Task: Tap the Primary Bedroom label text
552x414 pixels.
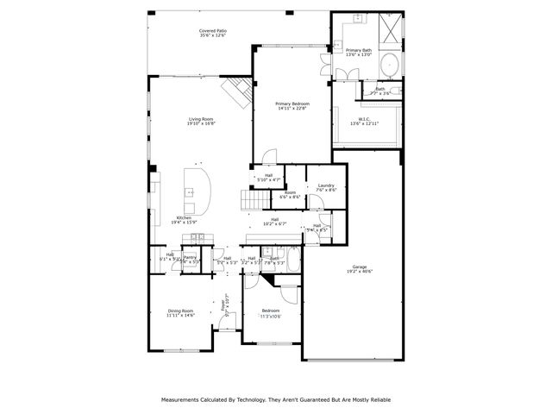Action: (x=292, y=103)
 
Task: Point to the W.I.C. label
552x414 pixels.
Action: (x=364, y=120)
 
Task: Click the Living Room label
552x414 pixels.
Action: (x=201, y=119)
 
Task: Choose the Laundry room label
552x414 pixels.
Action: (x=325, y=185)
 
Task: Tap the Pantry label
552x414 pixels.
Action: (x=191, y=256)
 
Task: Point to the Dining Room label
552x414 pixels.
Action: (x=180, y=310)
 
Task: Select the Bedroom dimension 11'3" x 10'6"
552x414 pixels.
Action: (x=270, y=317)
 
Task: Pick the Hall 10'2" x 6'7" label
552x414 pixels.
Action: (x=274, y=219)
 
